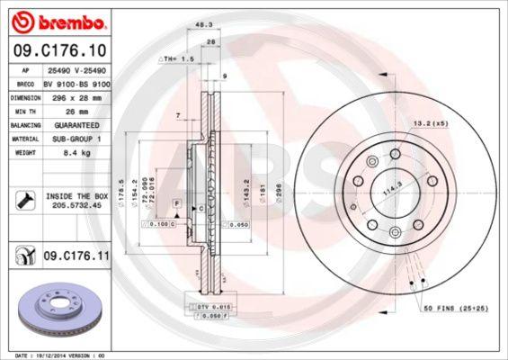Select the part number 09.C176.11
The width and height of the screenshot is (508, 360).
(76, 256)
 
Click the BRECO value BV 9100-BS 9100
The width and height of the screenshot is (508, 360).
(76, 82)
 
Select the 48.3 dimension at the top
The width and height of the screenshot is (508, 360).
(205, 26)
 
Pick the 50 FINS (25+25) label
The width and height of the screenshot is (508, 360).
(458, 309)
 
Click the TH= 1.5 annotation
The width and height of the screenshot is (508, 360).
(177, 58)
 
